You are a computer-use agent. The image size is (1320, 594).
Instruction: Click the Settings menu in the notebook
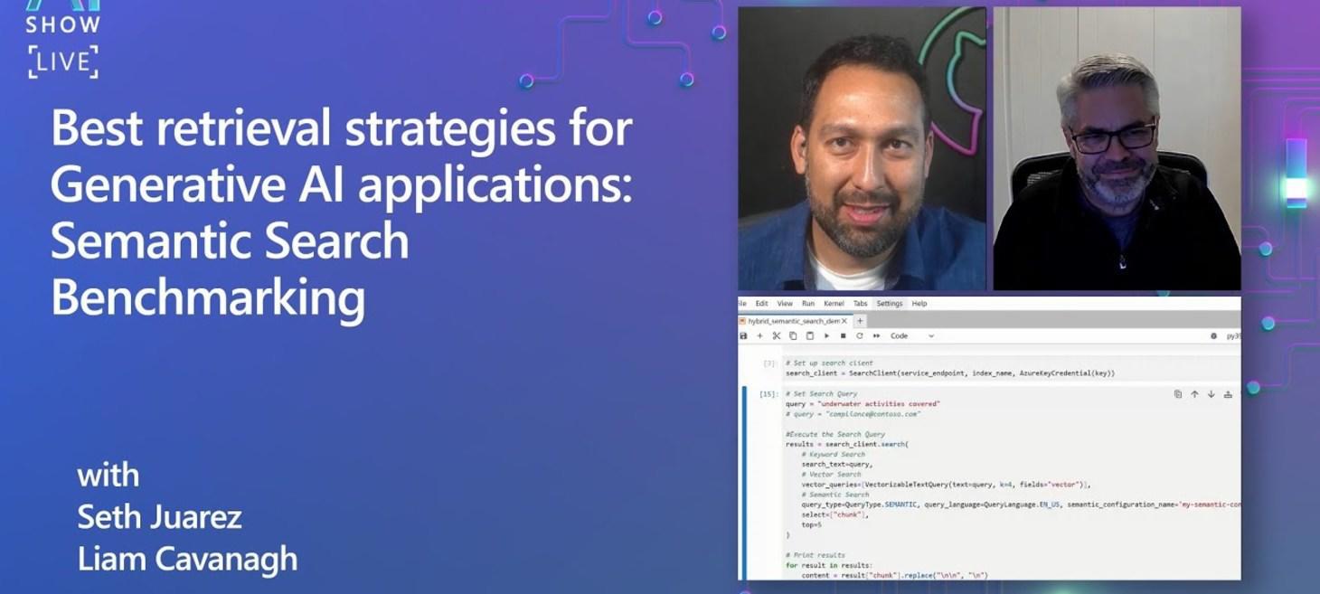click(889, 304)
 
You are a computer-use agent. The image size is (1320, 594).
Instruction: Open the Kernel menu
click(834, 304)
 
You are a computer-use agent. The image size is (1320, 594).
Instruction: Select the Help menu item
click(919, 304)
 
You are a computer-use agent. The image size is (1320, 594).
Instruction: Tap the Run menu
click(808, 304)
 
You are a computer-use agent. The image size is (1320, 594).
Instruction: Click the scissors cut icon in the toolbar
click(776, 335)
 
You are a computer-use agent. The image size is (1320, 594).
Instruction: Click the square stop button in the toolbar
click(843, 335)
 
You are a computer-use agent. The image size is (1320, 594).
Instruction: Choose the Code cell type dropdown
click(911, 335)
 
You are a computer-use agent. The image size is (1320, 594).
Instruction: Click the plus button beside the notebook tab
click(860, 321)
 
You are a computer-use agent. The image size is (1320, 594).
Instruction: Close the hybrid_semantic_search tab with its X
click(844, 321)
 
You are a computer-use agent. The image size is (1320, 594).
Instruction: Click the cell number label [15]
click(768, 394)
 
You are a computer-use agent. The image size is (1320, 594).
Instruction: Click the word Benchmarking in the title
click(208, 297)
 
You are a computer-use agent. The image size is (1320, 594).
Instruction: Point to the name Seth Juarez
click(159, 517)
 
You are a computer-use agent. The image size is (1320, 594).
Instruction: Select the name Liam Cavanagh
click(187, 559)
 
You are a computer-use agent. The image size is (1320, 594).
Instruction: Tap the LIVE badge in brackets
click(62, 62)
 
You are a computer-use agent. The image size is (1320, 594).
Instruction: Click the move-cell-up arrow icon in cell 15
click(1194, 394)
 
